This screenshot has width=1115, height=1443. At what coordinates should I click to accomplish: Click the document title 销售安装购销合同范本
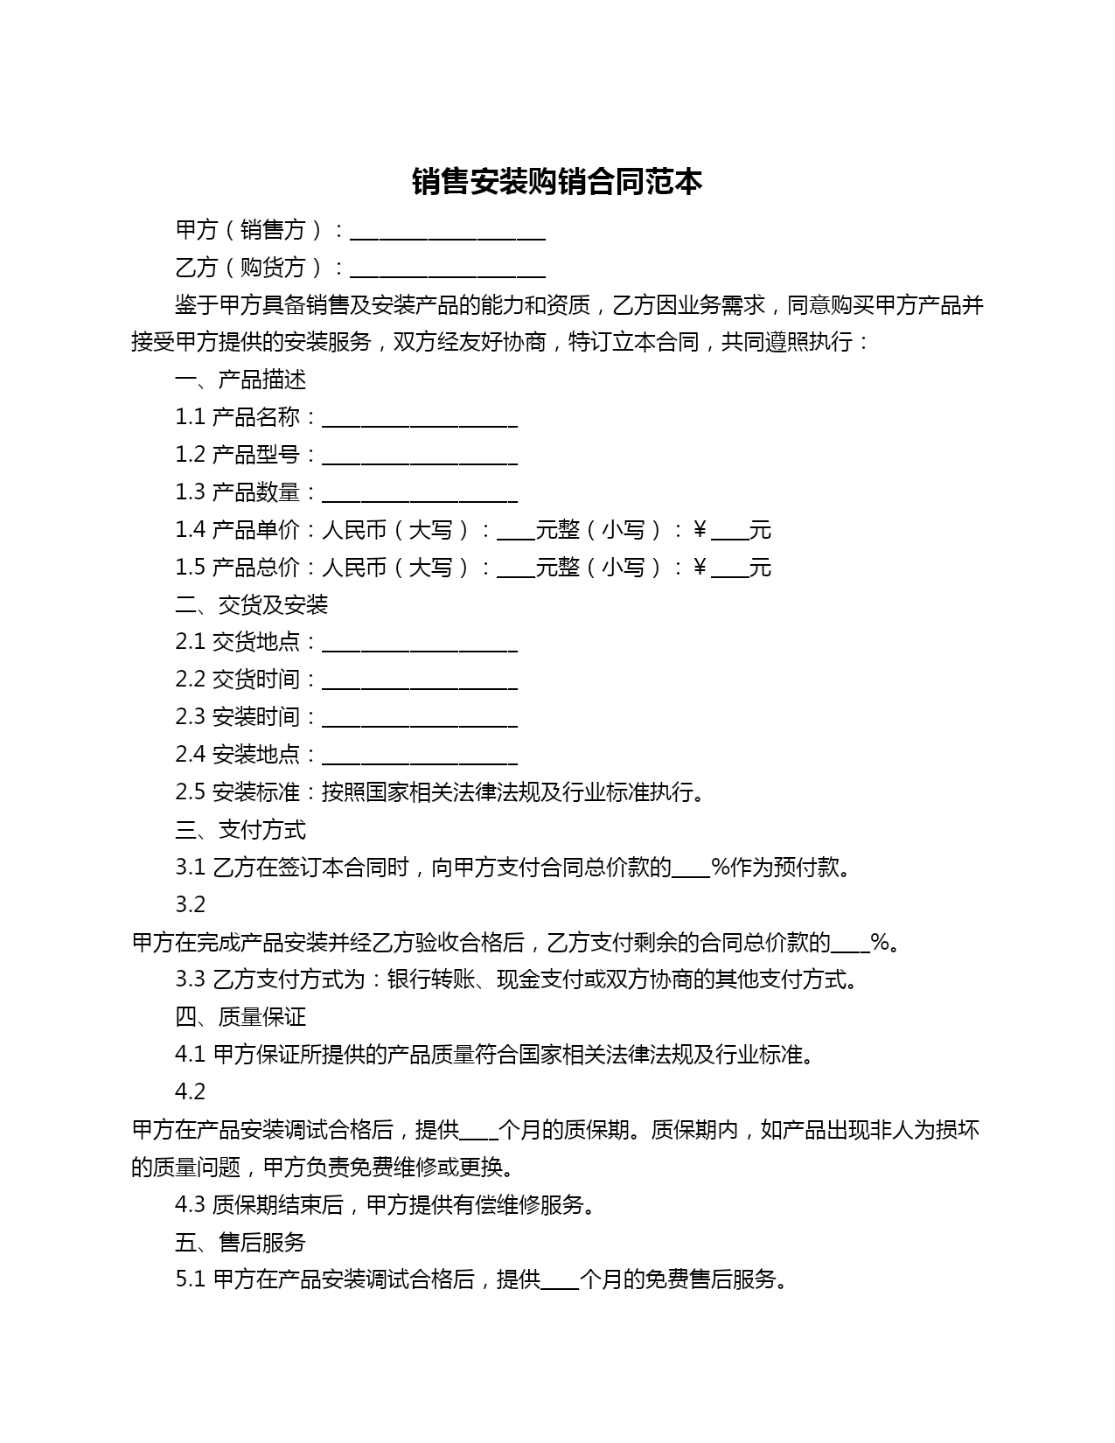(x=557, y=182)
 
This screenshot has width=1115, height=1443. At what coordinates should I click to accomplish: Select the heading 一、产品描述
(x=240, y=380)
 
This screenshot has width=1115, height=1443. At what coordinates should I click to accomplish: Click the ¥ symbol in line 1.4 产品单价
(x=700, y=530)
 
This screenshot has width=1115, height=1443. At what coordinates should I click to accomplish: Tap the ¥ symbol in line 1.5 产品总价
(x=700, y=568)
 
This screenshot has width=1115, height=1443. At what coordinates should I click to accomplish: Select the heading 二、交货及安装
(x=251, y=604)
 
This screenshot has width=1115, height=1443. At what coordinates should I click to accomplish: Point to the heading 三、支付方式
(x=240, y=829)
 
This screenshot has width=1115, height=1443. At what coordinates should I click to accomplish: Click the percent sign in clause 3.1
(x=721, y=868)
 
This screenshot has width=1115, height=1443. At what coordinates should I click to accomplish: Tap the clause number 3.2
(x=190, y=904)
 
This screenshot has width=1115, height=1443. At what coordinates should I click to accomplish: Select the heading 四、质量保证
(x=240, y=1016)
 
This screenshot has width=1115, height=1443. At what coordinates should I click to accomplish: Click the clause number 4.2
(x=190, y=1091)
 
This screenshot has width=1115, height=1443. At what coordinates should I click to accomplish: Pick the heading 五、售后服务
(x=240, y=1242)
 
